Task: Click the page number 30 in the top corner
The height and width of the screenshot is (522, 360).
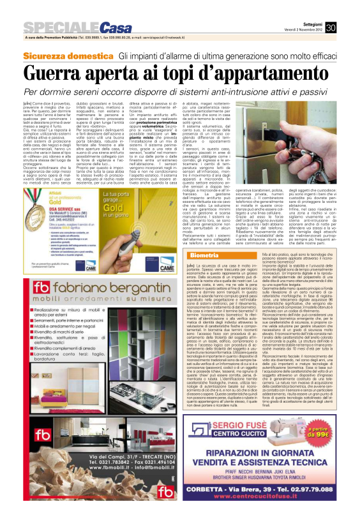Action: click(x=349, y=10)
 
